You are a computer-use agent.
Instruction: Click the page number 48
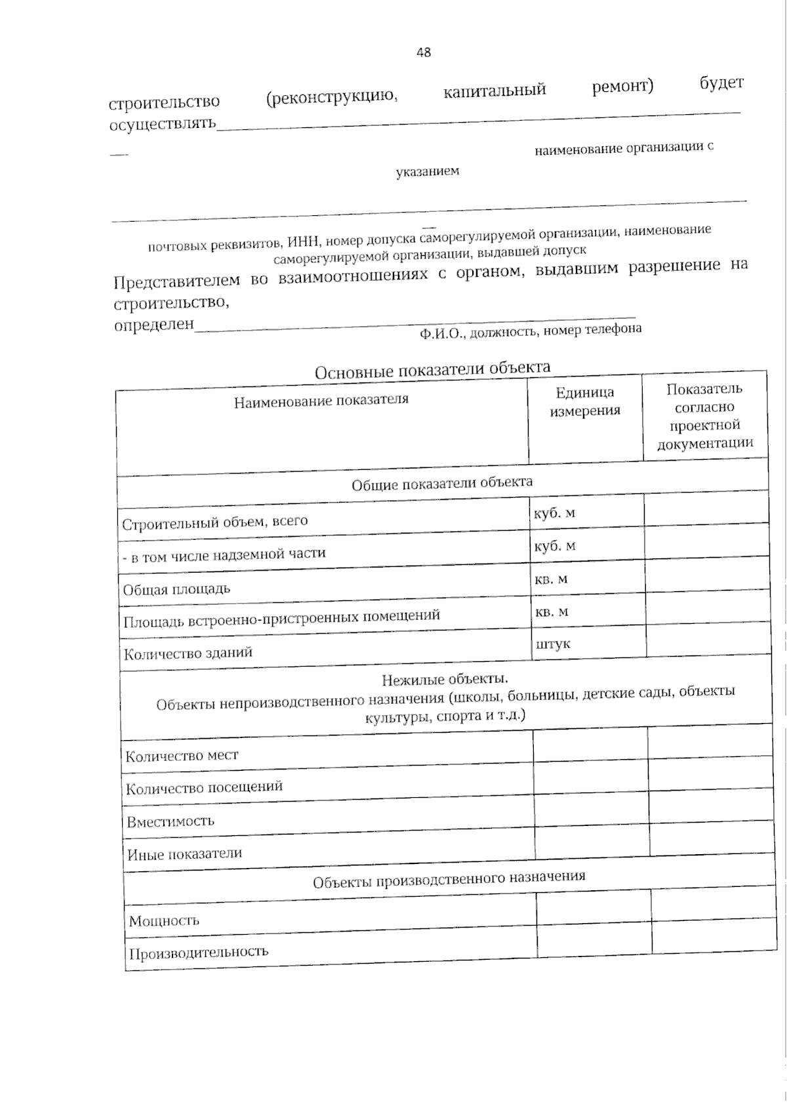coord(424,52)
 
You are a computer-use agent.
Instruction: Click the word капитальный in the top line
coord(494,91)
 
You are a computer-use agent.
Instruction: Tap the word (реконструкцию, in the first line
coord(332,97)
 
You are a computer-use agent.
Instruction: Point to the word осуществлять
coord(163,123)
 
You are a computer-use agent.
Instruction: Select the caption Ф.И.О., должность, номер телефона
coord(531,331)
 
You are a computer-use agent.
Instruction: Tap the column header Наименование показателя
coord(321,400)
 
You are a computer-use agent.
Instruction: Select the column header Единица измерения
coord(585,402)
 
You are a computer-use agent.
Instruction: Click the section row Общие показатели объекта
coord(442,484)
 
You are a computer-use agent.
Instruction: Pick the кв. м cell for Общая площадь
coord(552,579)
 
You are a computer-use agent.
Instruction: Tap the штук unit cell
coord(553,644)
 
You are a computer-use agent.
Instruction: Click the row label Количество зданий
coord(188,653)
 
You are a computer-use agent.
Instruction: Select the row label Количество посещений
coord(204,787)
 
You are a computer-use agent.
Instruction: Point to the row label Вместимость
coord(171,821)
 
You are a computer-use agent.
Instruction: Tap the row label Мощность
coord(164,920)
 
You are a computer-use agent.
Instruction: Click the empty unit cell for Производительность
coord(594,939)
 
